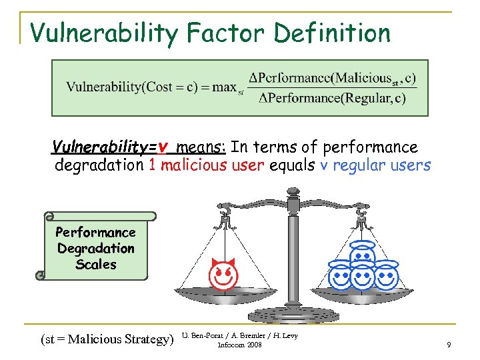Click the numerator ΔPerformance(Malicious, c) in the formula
[x=331, y=77]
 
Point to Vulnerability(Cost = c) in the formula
[x=119, y=88]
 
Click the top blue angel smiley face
[x=363, y=255]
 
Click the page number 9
[x=449, y=344]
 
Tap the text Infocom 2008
[x=240, y=345]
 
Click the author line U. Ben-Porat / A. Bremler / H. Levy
[x=239, y=335]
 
